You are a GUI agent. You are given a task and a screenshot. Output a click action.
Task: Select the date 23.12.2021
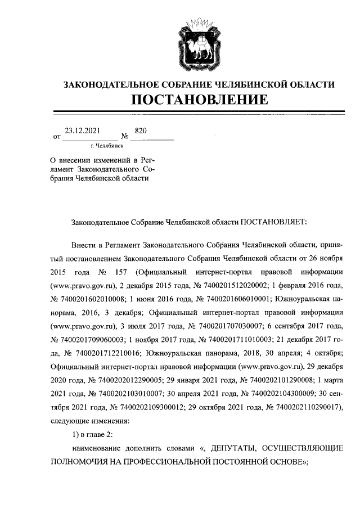click(83, 130)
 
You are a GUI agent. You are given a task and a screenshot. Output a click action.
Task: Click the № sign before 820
click(125, 137)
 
